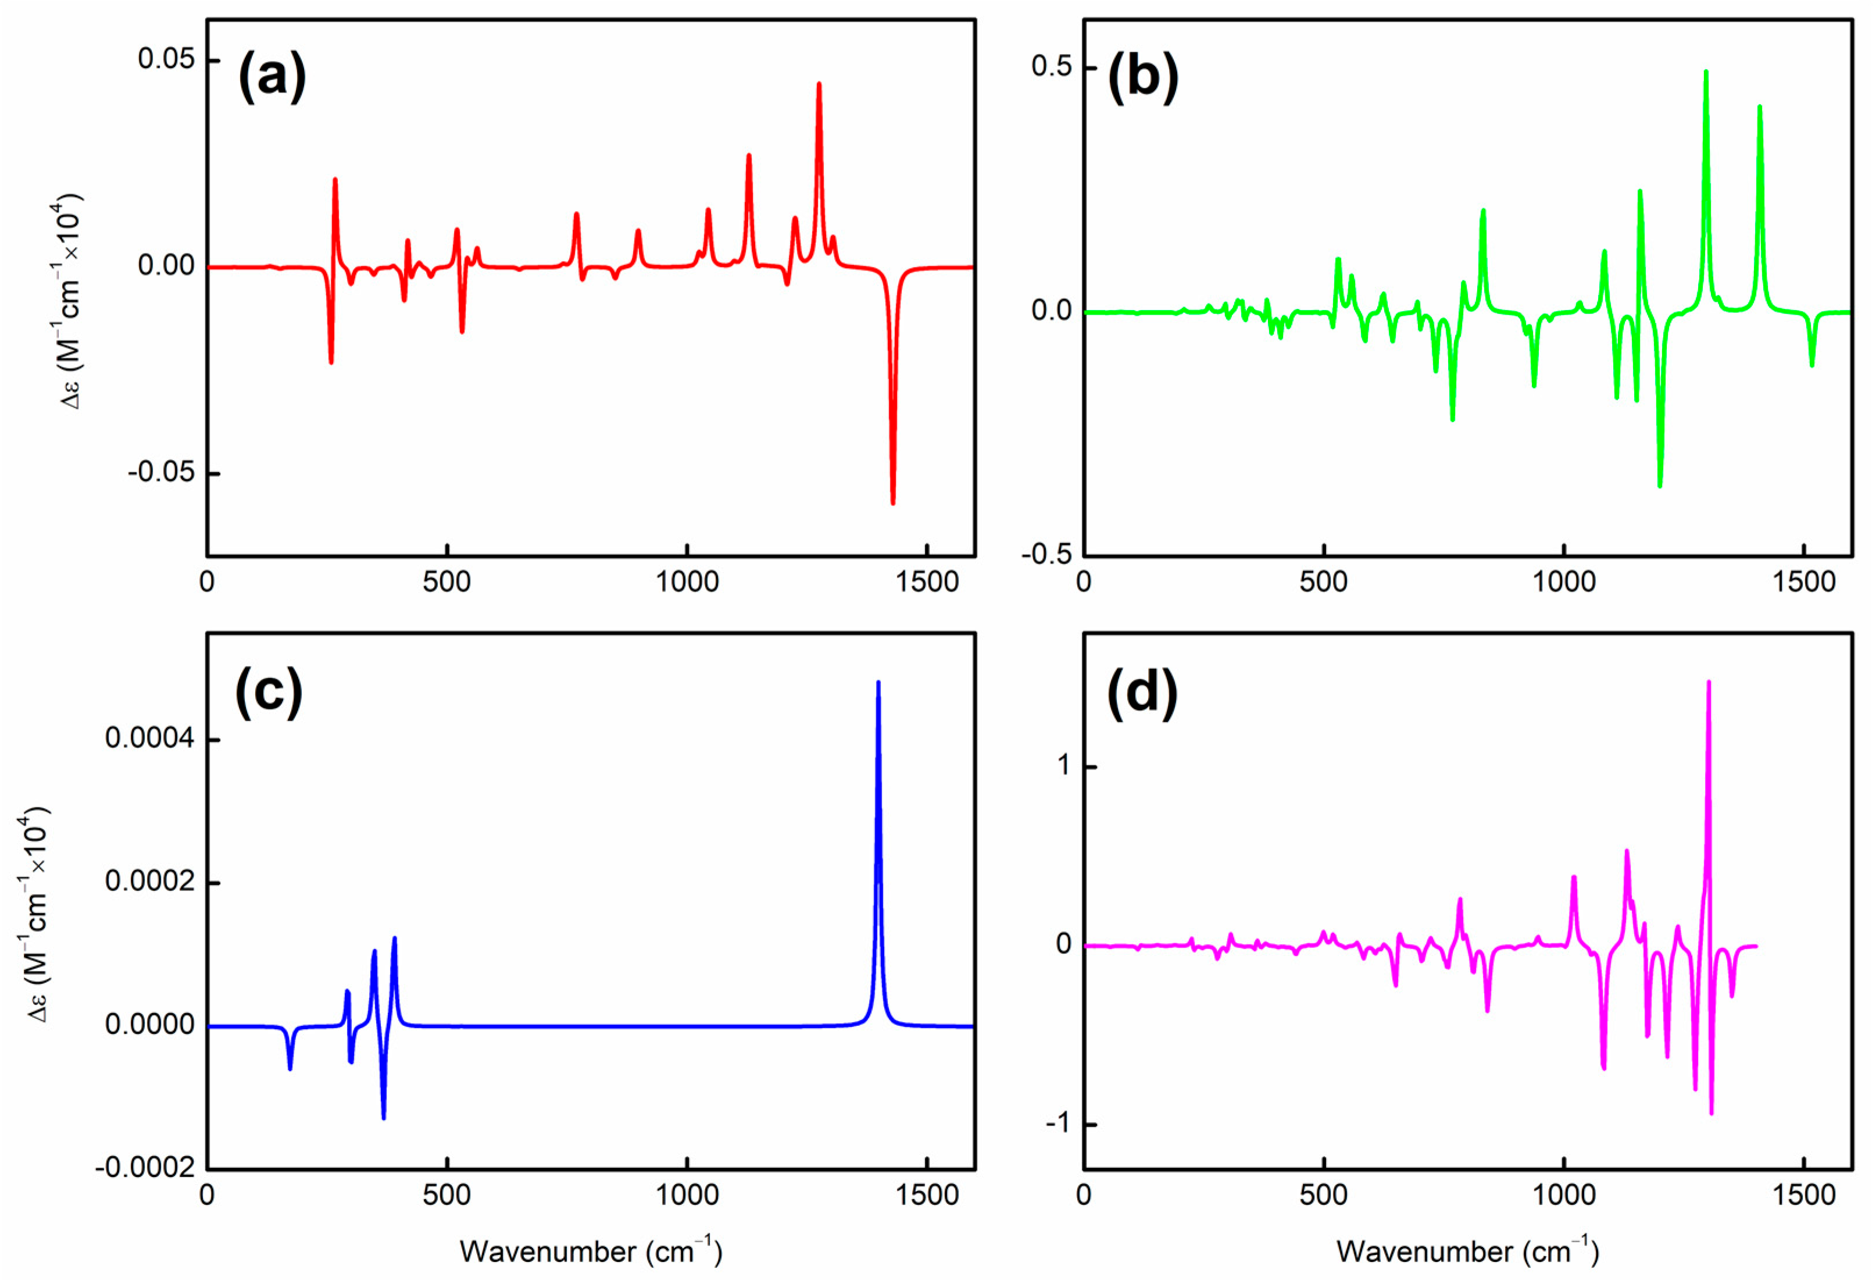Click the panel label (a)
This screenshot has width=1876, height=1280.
272,77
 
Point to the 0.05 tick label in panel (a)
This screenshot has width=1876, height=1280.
166,60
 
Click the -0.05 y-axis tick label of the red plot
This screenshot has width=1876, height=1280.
162,472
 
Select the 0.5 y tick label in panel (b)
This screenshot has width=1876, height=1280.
1051,66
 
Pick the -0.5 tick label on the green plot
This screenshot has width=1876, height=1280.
1046,555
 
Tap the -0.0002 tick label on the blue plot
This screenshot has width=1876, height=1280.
145,1168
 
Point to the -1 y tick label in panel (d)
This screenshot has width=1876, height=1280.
1058,1124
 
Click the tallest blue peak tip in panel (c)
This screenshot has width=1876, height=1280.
878,682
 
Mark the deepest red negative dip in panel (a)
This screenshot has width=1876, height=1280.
893,503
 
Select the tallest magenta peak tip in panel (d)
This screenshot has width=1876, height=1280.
1708,682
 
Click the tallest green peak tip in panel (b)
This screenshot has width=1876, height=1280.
1706,72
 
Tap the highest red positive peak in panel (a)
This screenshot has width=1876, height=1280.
819,84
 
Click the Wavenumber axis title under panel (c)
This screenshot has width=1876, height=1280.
591,1251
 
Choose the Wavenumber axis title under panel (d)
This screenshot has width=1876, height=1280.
1467,1251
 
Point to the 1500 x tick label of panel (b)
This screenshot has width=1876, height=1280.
1804,582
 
